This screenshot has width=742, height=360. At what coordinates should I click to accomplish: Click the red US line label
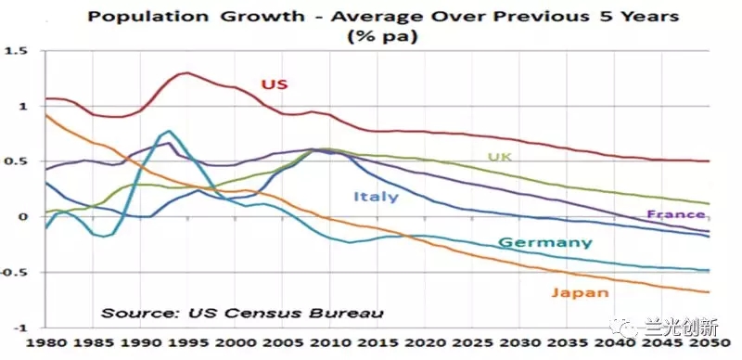(275, 84)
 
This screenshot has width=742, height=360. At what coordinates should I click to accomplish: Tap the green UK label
(500, 157)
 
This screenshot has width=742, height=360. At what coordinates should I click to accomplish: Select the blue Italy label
(377, 196)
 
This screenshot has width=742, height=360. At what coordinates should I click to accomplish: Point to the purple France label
(676, 214)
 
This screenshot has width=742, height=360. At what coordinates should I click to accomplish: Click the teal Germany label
(545, 243)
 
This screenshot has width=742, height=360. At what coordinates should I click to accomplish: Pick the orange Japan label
(580, 292)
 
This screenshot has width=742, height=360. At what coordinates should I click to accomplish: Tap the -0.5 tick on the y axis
(14, 273)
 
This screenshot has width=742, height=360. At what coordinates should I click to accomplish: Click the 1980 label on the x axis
(45, 343)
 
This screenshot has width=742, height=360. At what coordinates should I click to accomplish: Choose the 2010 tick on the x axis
(330, 343)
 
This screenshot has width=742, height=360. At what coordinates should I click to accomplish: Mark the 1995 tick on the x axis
(187, 343)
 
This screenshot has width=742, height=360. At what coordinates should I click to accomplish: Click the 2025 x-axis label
(472, 343)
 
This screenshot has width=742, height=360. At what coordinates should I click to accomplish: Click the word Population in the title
(147, 17)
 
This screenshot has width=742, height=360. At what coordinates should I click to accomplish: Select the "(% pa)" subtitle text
(382, 37)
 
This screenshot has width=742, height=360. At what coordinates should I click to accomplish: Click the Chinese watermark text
(682, 328)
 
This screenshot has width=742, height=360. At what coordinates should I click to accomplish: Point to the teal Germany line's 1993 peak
(169, 131)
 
